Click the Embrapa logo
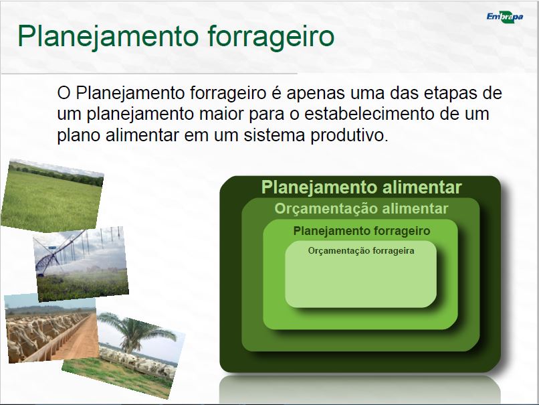505,17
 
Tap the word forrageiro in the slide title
271,36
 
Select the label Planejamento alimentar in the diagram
361,187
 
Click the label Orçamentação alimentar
361,208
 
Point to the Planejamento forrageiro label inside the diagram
362,230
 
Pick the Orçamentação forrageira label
361,250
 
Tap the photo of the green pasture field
52,195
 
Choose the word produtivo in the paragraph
350,135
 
